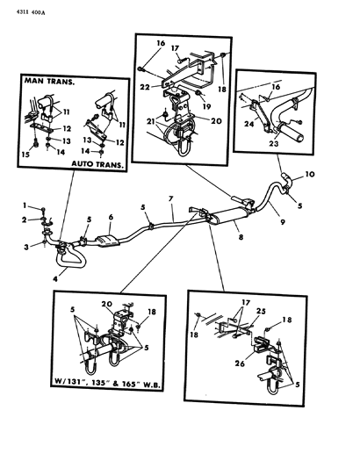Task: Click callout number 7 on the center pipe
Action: click(172, 201)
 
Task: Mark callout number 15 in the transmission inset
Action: click(25, 156)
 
